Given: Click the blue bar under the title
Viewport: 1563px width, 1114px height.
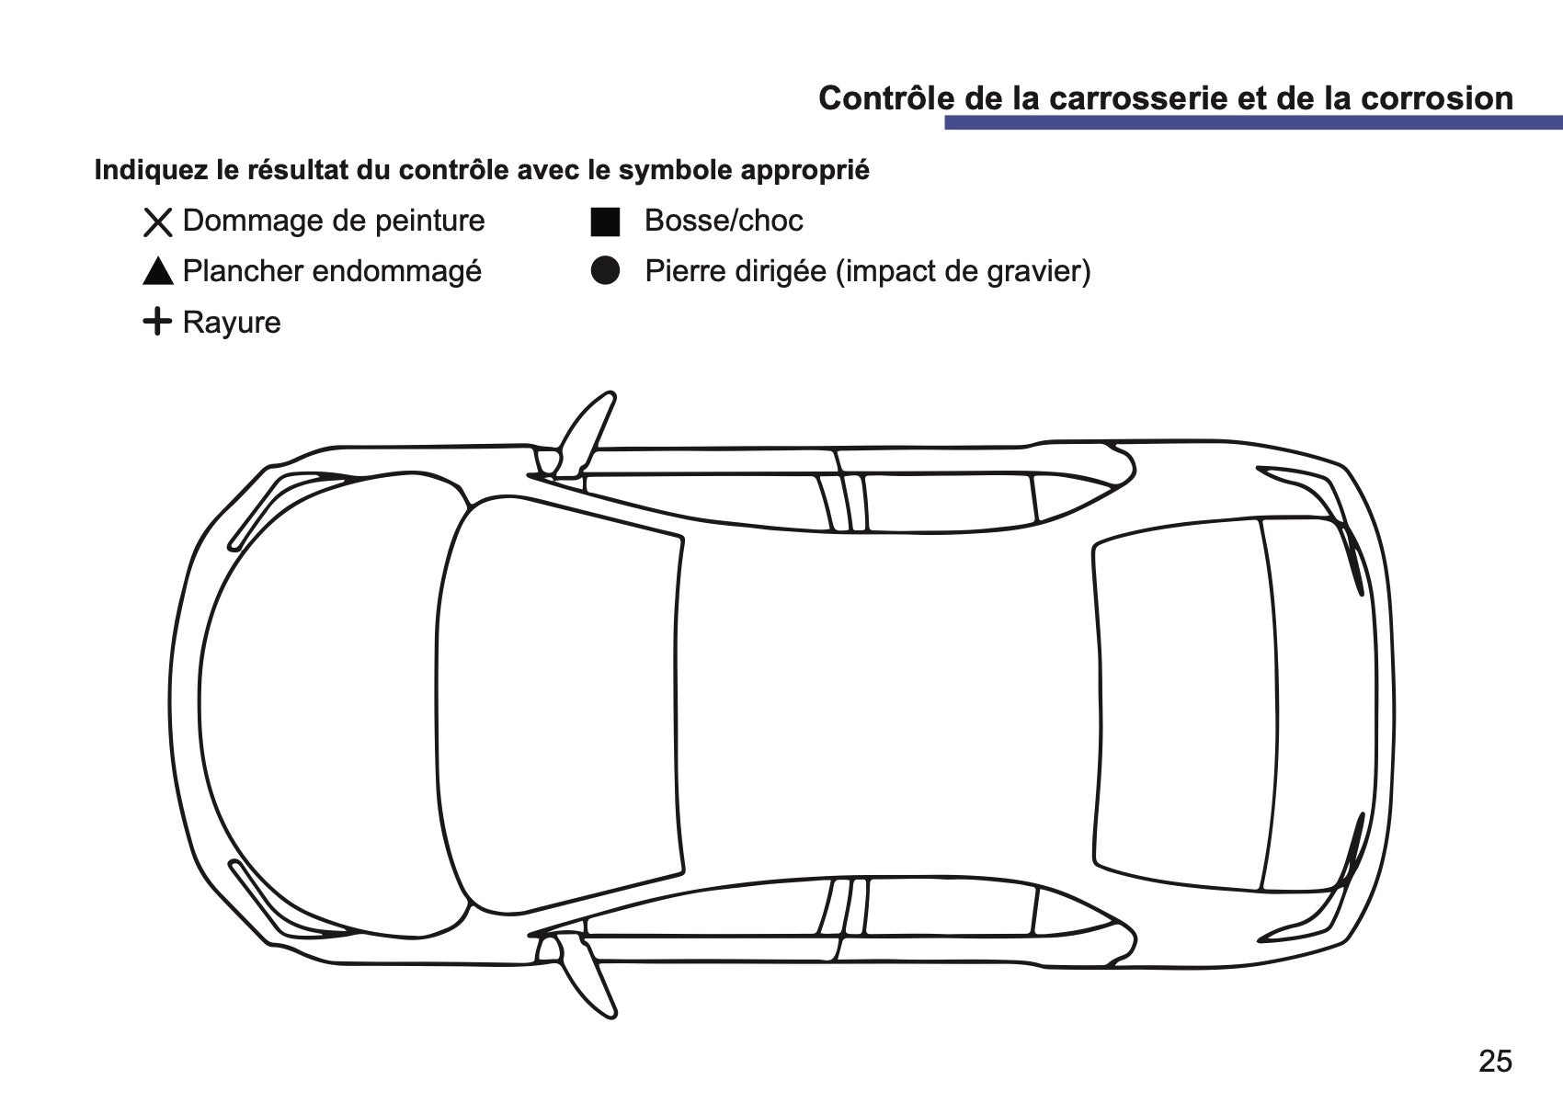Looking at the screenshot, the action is tap(1253, 123).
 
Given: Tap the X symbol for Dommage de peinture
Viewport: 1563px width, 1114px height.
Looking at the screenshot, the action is tap(158, 222).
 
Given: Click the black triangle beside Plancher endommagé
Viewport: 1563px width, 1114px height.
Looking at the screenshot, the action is tap(158, 270).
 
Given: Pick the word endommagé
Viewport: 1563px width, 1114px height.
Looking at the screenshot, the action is tap(396, 271).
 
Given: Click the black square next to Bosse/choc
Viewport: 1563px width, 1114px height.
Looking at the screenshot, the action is tap(605, 222).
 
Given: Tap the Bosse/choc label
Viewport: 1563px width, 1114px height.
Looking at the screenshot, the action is tap(724, 221).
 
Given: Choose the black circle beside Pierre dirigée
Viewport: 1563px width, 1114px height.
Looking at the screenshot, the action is tap(605, 270).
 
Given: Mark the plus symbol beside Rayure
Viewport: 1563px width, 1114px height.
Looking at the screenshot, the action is tap(157, 322).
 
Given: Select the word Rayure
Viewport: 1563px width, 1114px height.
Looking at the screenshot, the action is tap(232, 323).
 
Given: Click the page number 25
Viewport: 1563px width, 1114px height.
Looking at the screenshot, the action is tap(1495, 1061).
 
